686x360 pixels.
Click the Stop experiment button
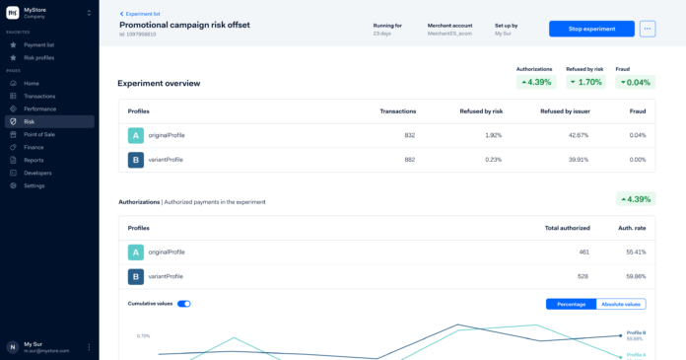point(591,29)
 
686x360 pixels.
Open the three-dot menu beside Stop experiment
point(647,29)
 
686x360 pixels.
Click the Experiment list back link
point(143,14)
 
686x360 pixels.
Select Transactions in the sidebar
point(39,96)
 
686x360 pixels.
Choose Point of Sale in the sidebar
point(40,134)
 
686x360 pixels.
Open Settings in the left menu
point(34,185)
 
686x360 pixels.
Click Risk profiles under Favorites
point(38,57)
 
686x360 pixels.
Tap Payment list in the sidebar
point(38,44)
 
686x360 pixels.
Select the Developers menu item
point(38,173)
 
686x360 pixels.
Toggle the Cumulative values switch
point(183,304)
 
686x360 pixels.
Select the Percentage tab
point(571,304)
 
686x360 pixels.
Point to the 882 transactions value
point(409,159)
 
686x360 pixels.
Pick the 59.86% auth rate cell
point(633,276)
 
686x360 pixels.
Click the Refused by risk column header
point(480,110)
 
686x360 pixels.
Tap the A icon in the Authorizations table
point(135,252)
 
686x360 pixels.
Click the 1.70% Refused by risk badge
point(584,82)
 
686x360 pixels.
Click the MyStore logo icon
point(12,13)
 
